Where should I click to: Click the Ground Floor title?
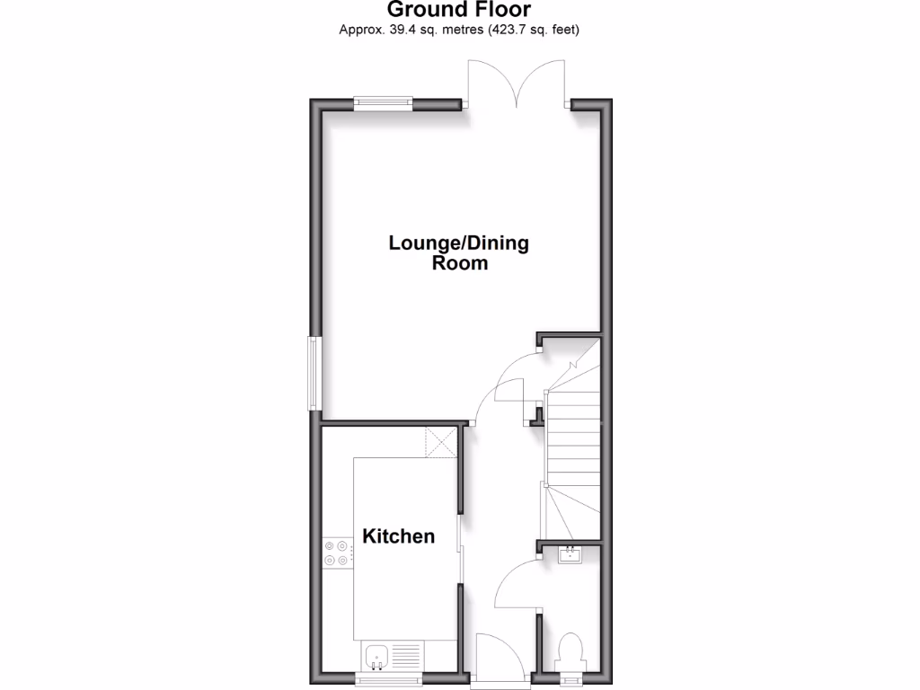(459, 10)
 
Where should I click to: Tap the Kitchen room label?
(398, 536)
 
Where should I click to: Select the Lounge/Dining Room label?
(459, 252)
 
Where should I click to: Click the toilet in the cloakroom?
(571, 650)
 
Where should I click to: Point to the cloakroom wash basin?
(571, 555)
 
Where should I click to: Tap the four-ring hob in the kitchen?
(337, 552)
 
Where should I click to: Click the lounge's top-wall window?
(384, 103)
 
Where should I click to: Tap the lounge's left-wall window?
(314, 372)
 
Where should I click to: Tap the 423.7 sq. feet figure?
(535, 31)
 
